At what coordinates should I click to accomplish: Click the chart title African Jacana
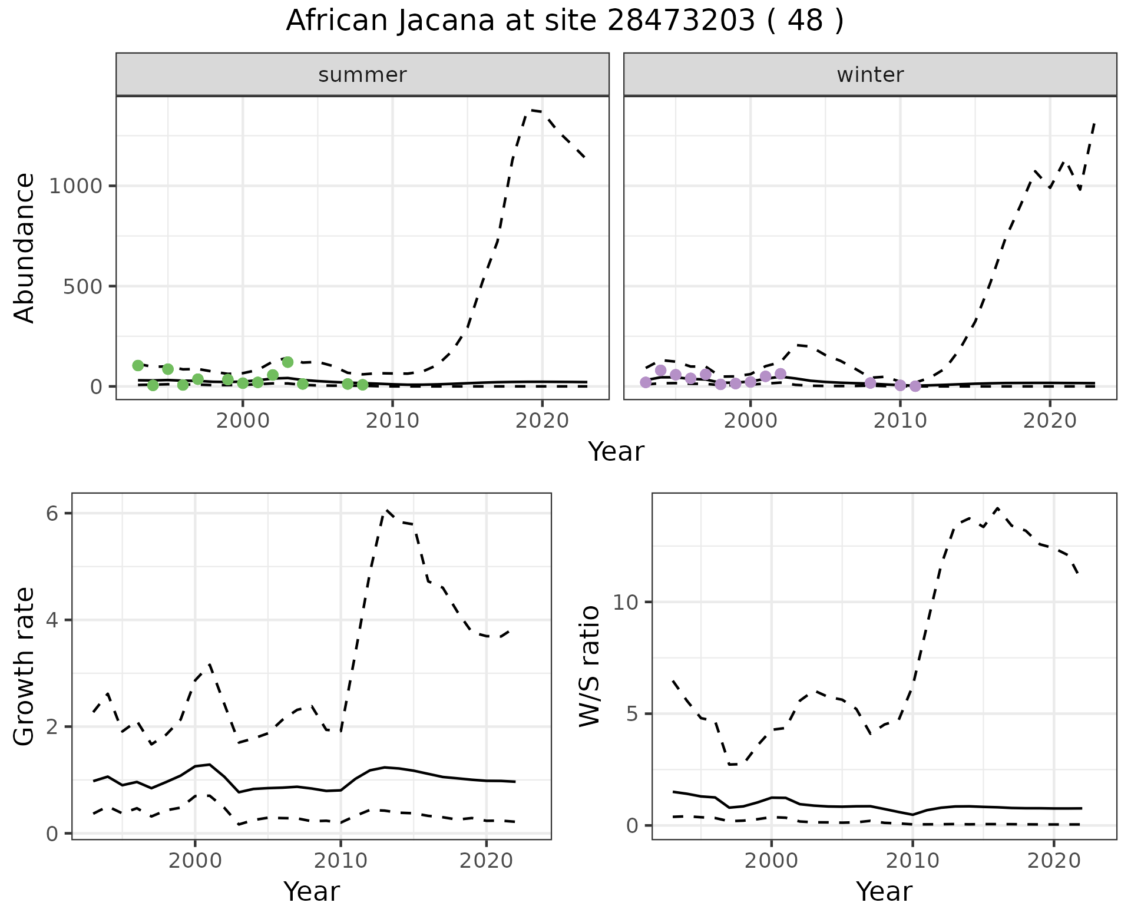pos(564,21)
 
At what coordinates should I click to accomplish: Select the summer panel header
pos(362,75)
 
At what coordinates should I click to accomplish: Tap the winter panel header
pos(870,75)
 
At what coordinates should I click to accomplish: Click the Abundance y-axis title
pos(25,248)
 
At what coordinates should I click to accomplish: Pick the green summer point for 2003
pos(287,362)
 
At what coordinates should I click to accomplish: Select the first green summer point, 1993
pos(138,365)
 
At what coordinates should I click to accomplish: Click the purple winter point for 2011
pos(915,386)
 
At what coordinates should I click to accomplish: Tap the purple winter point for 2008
pos(870,383)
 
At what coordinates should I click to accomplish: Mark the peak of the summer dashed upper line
pos(531,110)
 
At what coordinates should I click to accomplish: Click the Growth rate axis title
pos(25,667)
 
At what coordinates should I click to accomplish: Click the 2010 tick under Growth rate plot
pos(340,861)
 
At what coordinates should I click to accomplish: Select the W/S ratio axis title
pos(589,666)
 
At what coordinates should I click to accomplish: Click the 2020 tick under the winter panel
pos(1049,421)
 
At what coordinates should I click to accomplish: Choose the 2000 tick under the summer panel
pos(243,421)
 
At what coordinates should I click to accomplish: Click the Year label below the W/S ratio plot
pos(884,892)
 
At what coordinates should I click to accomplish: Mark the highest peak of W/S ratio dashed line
pos(997,508)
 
